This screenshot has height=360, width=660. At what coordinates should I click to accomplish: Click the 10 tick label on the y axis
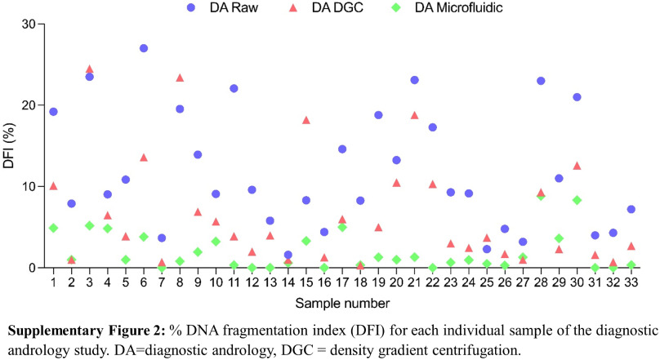click(x=30, y=186)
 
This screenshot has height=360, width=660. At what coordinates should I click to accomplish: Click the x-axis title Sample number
click(x=342, y=303)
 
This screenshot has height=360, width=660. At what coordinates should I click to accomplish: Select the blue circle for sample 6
click(x=144, y=48)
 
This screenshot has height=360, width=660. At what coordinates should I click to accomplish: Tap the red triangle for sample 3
click(x=90, y=69)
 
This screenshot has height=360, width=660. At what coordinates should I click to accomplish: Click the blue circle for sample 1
click(x=53, y=112)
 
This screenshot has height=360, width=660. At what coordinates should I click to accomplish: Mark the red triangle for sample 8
click(x=180, y=78)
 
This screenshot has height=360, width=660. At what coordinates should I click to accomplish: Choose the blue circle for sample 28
click(x=541, y=81)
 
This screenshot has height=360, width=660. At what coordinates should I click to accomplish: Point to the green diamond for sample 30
click(x=577, y=200)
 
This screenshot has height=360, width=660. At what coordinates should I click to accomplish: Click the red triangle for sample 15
click(x=306, y=120)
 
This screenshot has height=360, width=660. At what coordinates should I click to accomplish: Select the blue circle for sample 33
click(x=631, y=209)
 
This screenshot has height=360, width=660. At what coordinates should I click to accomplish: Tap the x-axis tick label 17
click(x=342, y=282)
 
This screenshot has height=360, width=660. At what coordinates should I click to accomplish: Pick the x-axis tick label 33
click(x=631, y=282)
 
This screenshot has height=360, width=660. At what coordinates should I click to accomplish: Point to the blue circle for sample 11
click(x=234, y=88)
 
